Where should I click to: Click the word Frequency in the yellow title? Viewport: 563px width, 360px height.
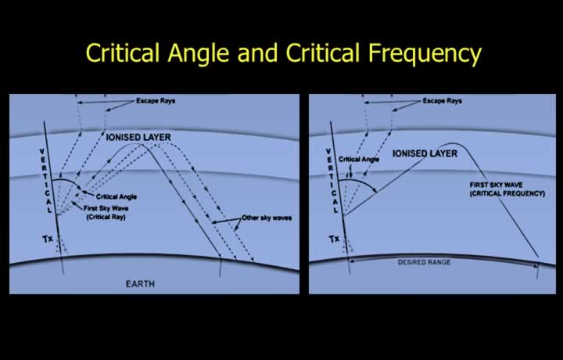click(x=425, y=53)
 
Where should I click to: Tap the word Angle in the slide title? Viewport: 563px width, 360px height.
click(x=198, y=53)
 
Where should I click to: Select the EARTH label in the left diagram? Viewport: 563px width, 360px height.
click(x=140, y=284)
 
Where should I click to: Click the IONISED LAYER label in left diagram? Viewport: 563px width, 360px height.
click(x=138, y=137)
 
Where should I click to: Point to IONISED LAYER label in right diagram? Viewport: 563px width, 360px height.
click(x=425, y=153)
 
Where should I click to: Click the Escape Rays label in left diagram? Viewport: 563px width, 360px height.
click(x=156, y=101)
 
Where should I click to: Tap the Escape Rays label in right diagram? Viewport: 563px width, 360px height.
click(x=442, y=101)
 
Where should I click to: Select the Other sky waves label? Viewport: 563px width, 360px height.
click(x=267, y=218)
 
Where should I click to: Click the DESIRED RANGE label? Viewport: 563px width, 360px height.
click(x=424, y=262)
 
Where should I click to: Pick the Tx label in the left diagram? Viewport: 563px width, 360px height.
click(x=48, y=239)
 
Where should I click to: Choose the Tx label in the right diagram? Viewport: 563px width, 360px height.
click(x=335, y=239)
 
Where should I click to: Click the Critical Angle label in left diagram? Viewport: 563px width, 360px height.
click(x=117, y=196)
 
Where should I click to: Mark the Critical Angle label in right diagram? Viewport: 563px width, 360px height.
click(x=359, y=159)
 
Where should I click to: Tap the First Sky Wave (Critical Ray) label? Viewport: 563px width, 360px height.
click(x=106, y=213)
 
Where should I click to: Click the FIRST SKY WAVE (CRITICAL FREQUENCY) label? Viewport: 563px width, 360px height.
click(x=507, y=189)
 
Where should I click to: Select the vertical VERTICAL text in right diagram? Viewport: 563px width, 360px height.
click(x=332, y=180)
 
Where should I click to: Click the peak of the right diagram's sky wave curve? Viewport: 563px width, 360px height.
click(x=454, y=144)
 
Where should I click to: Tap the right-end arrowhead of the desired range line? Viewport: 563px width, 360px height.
click(x=536, y=265)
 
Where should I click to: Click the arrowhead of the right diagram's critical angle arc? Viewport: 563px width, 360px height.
click(x=375, y=190)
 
